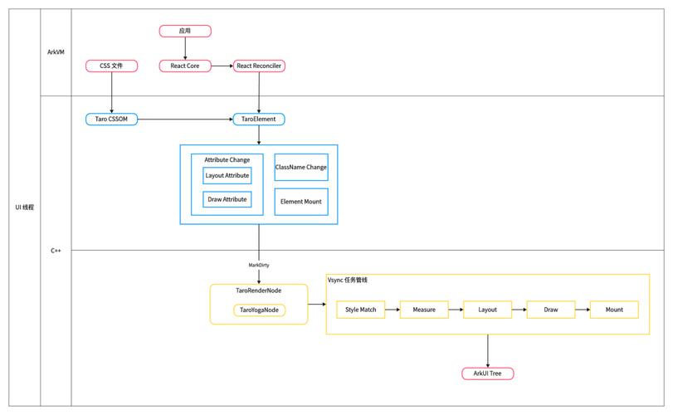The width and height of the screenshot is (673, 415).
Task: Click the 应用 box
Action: tap(185, 32)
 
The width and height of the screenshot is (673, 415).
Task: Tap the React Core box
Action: tap(185, 66)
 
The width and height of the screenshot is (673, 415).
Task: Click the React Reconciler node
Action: tap(259, 66)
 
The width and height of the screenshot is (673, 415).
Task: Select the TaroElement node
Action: tap(259, 120)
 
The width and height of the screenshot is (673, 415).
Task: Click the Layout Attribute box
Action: tap(227, 175)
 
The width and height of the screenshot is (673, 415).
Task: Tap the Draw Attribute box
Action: tap(227, 199)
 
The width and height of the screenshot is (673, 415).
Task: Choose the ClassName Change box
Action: tap(300, 167)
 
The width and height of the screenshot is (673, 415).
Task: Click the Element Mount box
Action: tap(300, 202)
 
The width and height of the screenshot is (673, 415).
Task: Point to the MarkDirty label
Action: tap(259, 265)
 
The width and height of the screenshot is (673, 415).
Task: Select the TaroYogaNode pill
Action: tap(259, 310)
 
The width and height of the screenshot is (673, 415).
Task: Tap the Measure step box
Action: tap(424, 310)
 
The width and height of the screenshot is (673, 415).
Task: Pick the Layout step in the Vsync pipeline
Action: tap(487, 310)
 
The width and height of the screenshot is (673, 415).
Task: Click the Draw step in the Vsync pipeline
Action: tap(551, 310)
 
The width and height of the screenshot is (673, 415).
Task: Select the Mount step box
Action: tap(614, 310)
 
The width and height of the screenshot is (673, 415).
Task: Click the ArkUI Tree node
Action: tap(487, 373)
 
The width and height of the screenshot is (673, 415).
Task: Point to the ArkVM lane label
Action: tap(56, 51)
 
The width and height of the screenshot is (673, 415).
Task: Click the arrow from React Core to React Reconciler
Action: tap(222, 66)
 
